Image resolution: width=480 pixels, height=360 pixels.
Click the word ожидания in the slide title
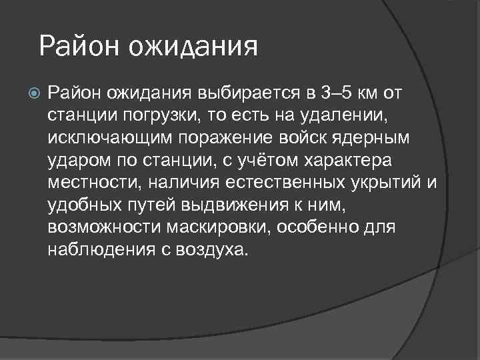193,48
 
